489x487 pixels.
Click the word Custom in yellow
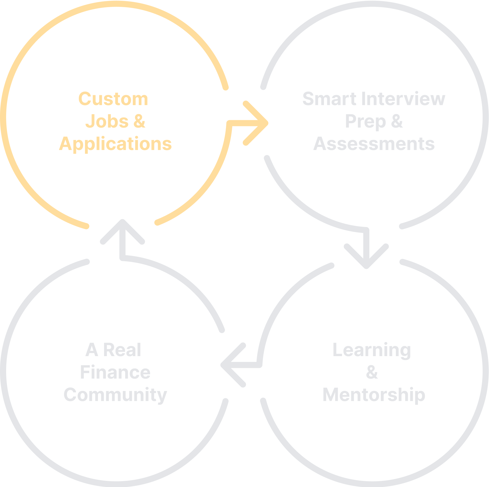click(113, 99)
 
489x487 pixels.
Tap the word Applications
click(115, 144)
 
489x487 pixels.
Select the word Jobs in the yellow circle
click(107, 121)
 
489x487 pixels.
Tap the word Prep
click(365, 122)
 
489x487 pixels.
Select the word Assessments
click(374, 144)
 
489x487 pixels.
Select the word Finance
click(115, 372)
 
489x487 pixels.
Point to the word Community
click(115, 395)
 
